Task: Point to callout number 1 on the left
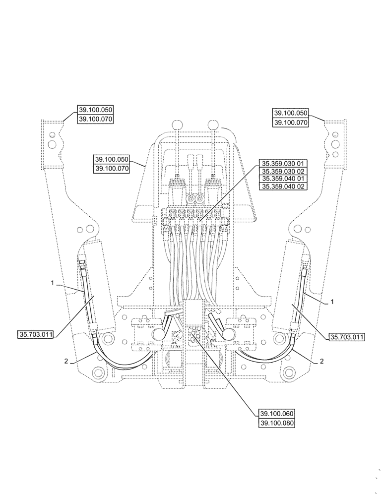52,283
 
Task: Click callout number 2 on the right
321,362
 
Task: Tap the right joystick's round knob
212,124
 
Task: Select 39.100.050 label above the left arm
95,110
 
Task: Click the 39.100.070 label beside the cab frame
111,169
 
